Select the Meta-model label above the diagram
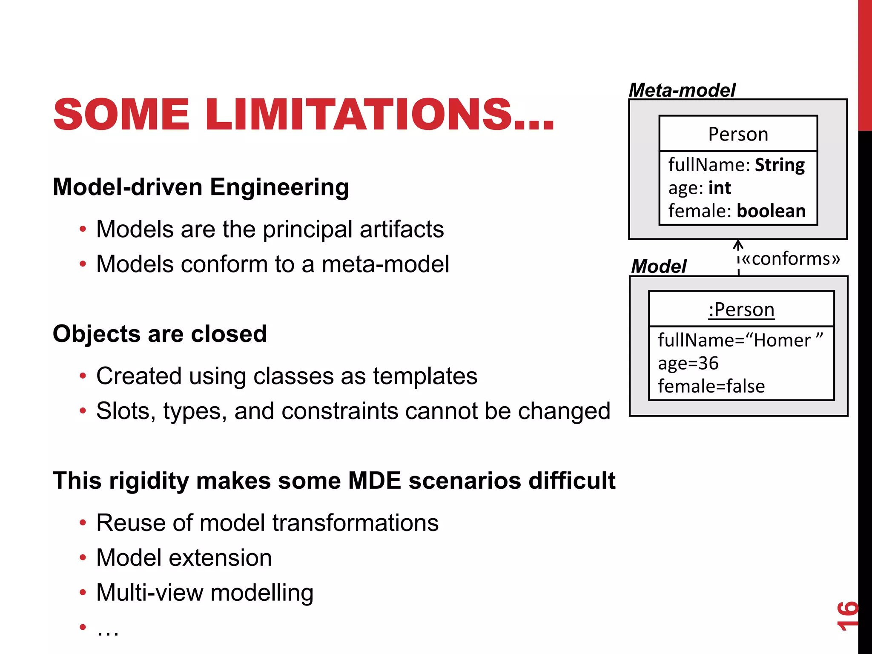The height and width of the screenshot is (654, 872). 682,90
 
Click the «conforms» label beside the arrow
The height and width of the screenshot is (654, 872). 791,258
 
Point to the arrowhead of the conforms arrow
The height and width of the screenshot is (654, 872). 738,244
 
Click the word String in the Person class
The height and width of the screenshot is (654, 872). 780,165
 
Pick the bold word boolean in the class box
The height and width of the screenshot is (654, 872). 771,211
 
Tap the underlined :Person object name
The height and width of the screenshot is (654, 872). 741,310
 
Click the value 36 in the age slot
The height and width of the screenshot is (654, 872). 708,363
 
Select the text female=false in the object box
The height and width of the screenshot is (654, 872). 711,386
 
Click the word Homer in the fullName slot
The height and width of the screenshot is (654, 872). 783,340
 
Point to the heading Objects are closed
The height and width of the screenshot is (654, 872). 160,333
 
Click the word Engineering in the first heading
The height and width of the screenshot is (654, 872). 279,187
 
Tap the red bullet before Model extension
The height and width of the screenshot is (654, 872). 83,557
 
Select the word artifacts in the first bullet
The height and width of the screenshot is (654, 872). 402,229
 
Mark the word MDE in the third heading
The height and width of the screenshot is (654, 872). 374,481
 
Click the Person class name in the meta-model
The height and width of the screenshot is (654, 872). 738,134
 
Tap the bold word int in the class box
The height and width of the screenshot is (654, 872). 720,188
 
